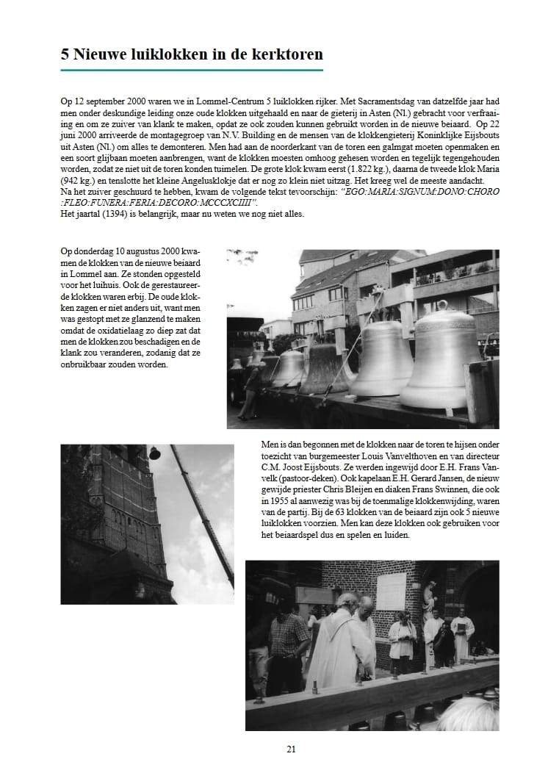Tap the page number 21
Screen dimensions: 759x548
[291, 749]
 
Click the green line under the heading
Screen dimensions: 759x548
[192, 70]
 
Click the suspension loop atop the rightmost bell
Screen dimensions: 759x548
[442, 306]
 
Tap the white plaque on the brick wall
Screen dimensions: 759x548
[391, 592]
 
